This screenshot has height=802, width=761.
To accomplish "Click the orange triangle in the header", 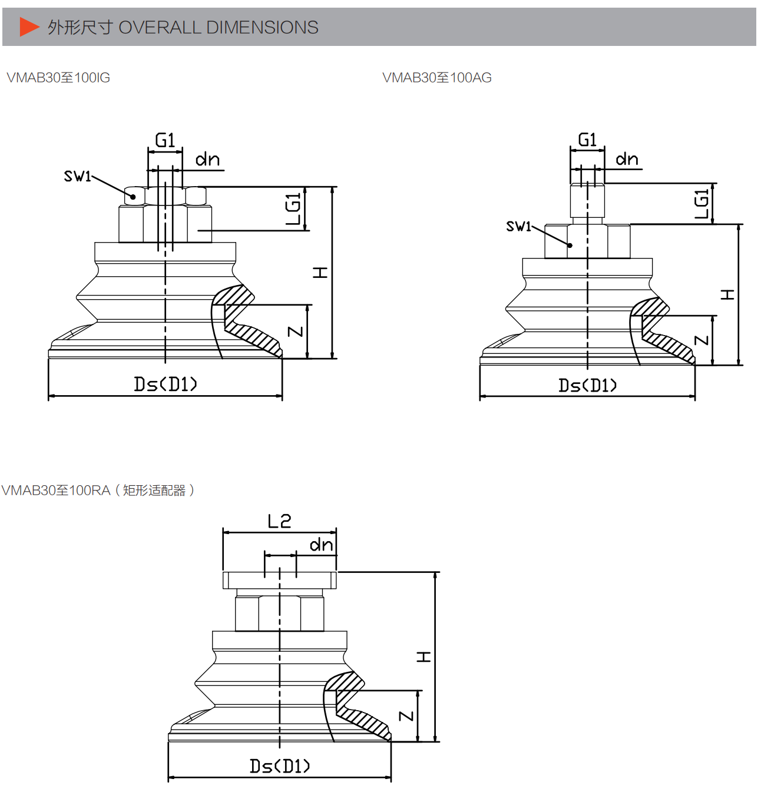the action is [28, 27].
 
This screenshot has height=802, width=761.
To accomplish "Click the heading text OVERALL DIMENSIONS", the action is [219, 27].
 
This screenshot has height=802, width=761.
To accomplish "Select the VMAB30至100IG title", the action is [58, 78].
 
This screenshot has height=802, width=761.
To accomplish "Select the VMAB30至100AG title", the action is [437, 78].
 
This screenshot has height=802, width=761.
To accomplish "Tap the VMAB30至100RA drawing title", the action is [98, 490].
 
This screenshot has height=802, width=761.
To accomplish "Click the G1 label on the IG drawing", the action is [165, 140].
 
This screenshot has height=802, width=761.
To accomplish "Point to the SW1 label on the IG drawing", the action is [77, 176].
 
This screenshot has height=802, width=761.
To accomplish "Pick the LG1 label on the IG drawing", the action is [293, 209].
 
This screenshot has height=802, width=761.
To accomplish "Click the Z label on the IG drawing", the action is [296, 332].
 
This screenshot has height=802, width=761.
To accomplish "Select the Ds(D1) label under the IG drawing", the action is [166, 385].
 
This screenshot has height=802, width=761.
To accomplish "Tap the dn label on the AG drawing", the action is [627, 159].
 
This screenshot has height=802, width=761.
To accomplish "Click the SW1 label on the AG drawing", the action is [518, 226].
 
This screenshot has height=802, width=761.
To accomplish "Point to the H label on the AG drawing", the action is [727, 294].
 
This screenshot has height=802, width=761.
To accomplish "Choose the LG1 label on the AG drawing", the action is [702, 204].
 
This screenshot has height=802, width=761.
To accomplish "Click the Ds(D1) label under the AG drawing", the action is [588, 386].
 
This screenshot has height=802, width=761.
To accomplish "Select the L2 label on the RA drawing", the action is [280, 521].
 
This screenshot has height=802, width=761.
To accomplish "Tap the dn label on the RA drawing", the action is [322, 545].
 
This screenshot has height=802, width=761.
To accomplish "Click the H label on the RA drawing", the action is [423, 657].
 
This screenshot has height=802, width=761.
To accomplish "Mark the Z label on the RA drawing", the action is [406, 716].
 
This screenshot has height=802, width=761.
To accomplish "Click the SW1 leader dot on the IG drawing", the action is [133, 197].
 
